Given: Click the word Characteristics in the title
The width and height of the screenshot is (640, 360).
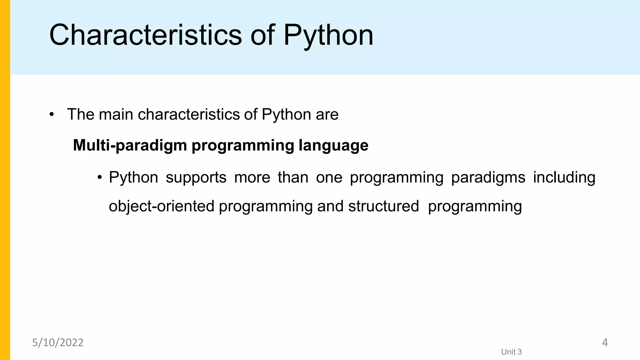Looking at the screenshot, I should [x=145, y=35].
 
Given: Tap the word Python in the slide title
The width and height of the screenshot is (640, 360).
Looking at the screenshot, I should [x=328, y=35].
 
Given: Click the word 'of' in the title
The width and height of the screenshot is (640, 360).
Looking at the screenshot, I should [x=262, y=35].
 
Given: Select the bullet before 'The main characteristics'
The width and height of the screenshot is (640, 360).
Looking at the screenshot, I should [x=52, y=114].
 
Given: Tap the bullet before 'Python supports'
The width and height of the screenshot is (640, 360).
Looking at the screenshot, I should [x=100, y=177].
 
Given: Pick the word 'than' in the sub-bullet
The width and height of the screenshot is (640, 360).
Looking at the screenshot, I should [x=293, y=177].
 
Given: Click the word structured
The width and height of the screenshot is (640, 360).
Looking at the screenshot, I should [x=383, y=206].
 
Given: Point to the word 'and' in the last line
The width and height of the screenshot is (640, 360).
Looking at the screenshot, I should [x=330, y=206].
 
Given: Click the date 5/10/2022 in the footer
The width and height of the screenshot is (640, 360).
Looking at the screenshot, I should [x=58, y=343].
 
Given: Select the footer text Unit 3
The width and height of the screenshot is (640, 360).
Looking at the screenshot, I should [x=511, y=352].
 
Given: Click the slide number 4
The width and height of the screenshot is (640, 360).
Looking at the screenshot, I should [x=605, y=343].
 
